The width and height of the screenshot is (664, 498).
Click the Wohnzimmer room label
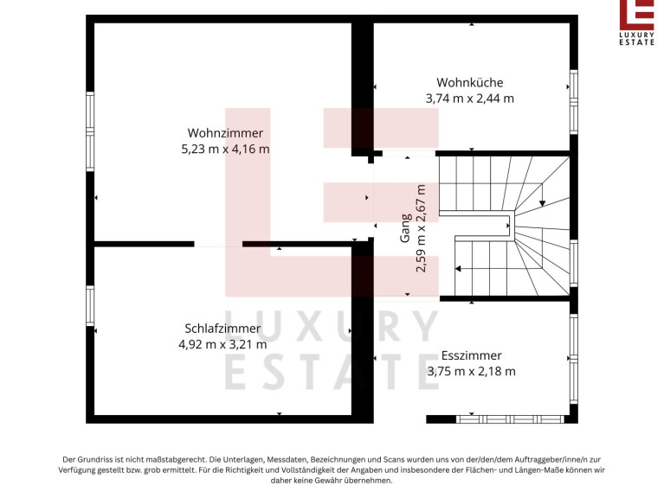tap(225, 133)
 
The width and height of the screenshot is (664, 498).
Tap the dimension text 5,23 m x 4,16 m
tap(225, 150)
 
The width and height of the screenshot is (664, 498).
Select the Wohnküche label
tap(469, 82)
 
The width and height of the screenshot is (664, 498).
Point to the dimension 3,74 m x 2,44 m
tap(469, 99)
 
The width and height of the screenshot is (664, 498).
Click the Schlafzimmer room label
tap(222, 329)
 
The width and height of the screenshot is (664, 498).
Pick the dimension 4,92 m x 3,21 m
tap(222, 345)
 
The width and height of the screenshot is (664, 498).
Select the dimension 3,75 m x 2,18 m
tap(471, 372)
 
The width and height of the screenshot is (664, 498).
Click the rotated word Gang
tap(406, 228)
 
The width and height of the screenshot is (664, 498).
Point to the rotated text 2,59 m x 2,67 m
tap(421, 228)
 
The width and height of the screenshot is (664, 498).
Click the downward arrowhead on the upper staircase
tap(542, 203)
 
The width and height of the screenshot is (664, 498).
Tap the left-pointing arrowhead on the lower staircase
tap(458, 268)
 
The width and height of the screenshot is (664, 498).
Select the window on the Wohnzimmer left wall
tap(90, 132)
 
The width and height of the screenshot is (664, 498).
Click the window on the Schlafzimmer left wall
tap(90, 306)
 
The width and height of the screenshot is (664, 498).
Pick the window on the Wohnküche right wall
tap(573, 102)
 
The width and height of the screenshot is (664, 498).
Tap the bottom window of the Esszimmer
tap(510, 419)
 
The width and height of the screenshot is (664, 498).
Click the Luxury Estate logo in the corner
tap(637, 22)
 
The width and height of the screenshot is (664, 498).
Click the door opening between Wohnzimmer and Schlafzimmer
tap(218, 245)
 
